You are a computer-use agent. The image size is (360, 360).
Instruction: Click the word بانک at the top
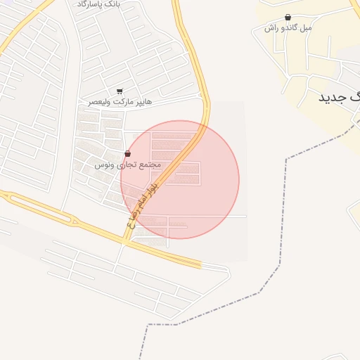click(111, 4)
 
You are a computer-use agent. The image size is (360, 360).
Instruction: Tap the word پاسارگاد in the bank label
click(89, 4)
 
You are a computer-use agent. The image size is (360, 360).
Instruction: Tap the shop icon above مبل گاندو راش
click(288, 17)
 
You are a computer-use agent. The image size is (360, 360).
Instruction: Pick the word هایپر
click(142, 102)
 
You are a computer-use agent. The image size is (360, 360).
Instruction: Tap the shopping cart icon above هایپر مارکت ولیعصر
click(120, 91)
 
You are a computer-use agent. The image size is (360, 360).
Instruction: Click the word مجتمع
click(150, 165)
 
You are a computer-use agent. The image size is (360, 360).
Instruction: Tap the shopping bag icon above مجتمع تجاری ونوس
click(127, 153)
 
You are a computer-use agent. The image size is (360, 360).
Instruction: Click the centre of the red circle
click(180, 179)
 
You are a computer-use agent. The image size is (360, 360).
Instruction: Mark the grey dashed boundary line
click(285, 211)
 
